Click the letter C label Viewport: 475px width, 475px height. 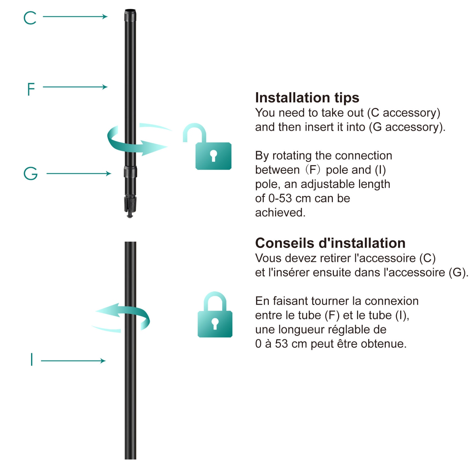(30, 18)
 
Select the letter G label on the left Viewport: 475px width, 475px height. (31, 174)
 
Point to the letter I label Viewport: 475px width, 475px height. (32, 360)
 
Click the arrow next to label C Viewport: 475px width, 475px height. (75, 16)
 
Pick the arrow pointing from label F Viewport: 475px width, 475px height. (75, 87)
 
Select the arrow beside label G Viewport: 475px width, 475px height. (79, 174)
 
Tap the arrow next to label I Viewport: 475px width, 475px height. (73, 361)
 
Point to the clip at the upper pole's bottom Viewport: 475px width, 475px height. (130, 206)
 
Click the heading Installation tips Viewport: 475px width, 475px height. (307, 98)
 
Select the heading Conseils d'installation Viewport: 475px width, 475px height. (330, 243)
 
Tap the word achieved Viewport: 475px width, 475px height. (280, 212)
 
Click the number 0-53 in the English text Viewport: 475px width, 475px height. (280, 198)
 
